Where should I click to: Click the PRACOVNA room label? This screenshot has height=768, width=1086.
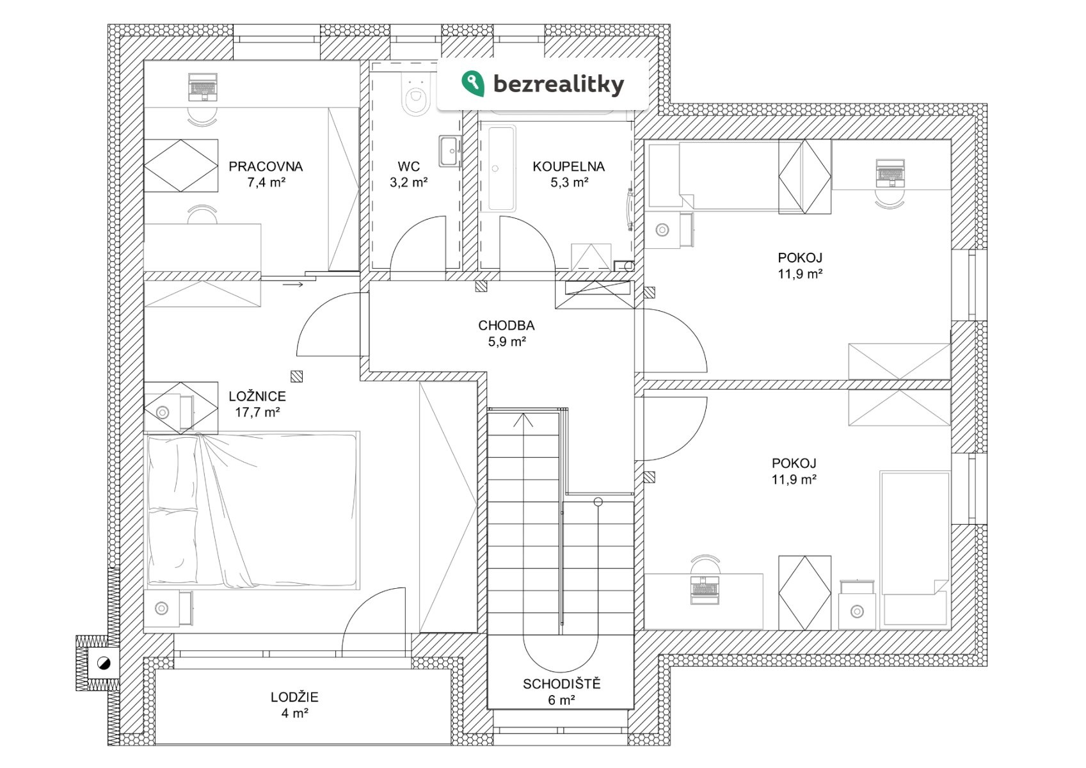coord(266,166)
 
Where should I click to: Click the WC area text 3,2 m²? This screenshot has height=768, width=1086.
coord(408,182)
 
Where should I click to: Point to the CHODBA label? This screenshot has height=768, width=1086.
coord(506,325)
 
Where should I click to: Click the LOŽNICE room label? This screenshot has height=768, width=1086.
coord(257,396)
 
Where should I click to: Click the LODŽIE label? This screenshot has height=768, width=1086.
coord(294,697)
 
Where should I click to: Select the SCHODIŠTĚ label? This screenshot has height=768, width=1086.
coord(561,684)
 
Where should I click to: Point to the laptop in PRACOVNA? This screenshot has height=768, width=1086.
coord(204,87)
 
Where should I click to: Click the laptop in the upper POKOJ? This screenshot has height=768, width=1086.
coord(890,172)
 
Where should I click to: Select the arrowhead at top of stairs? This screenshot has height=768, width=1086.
coord(524,420)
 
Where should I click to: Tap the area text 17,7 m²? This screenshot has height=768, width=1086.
coord(257,413)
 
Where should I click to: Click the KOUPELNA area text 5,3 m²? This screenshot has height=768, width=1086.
coord(569,182)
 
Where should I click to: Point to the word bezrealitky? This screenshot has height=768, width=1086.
coord(558,84)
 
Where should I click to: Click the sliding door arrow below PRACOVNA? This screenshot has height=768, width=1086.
coord(293,284)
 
